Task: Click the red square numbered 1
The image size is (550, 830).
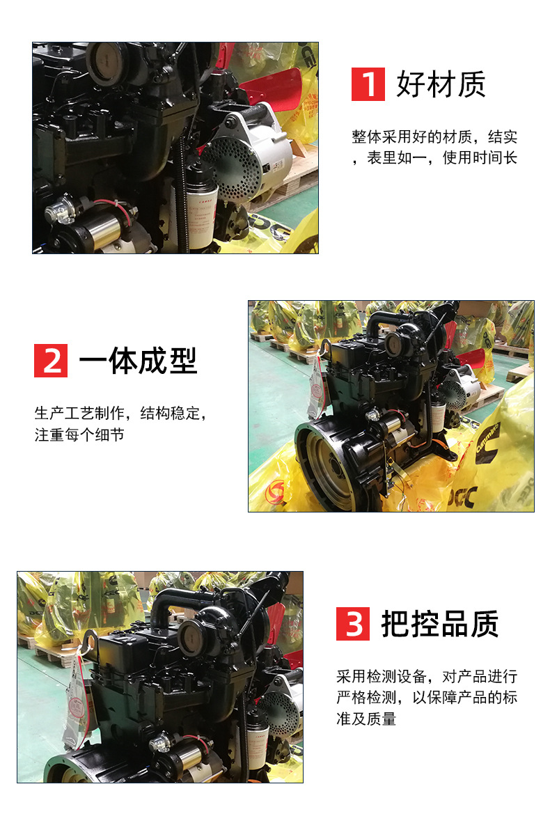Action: tap(368, 84)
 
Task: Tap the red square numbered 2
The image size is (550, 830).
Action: tap(51, 360)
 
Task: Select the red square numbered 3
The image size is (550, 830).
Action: tap(353, 623)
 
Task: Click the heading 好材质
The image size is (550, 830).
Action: tap(441, 84)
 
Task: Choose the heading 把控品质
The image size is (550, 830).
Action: tap(439, 624)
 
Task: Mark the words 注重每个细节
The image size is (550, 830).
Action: tap(79, 435)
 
